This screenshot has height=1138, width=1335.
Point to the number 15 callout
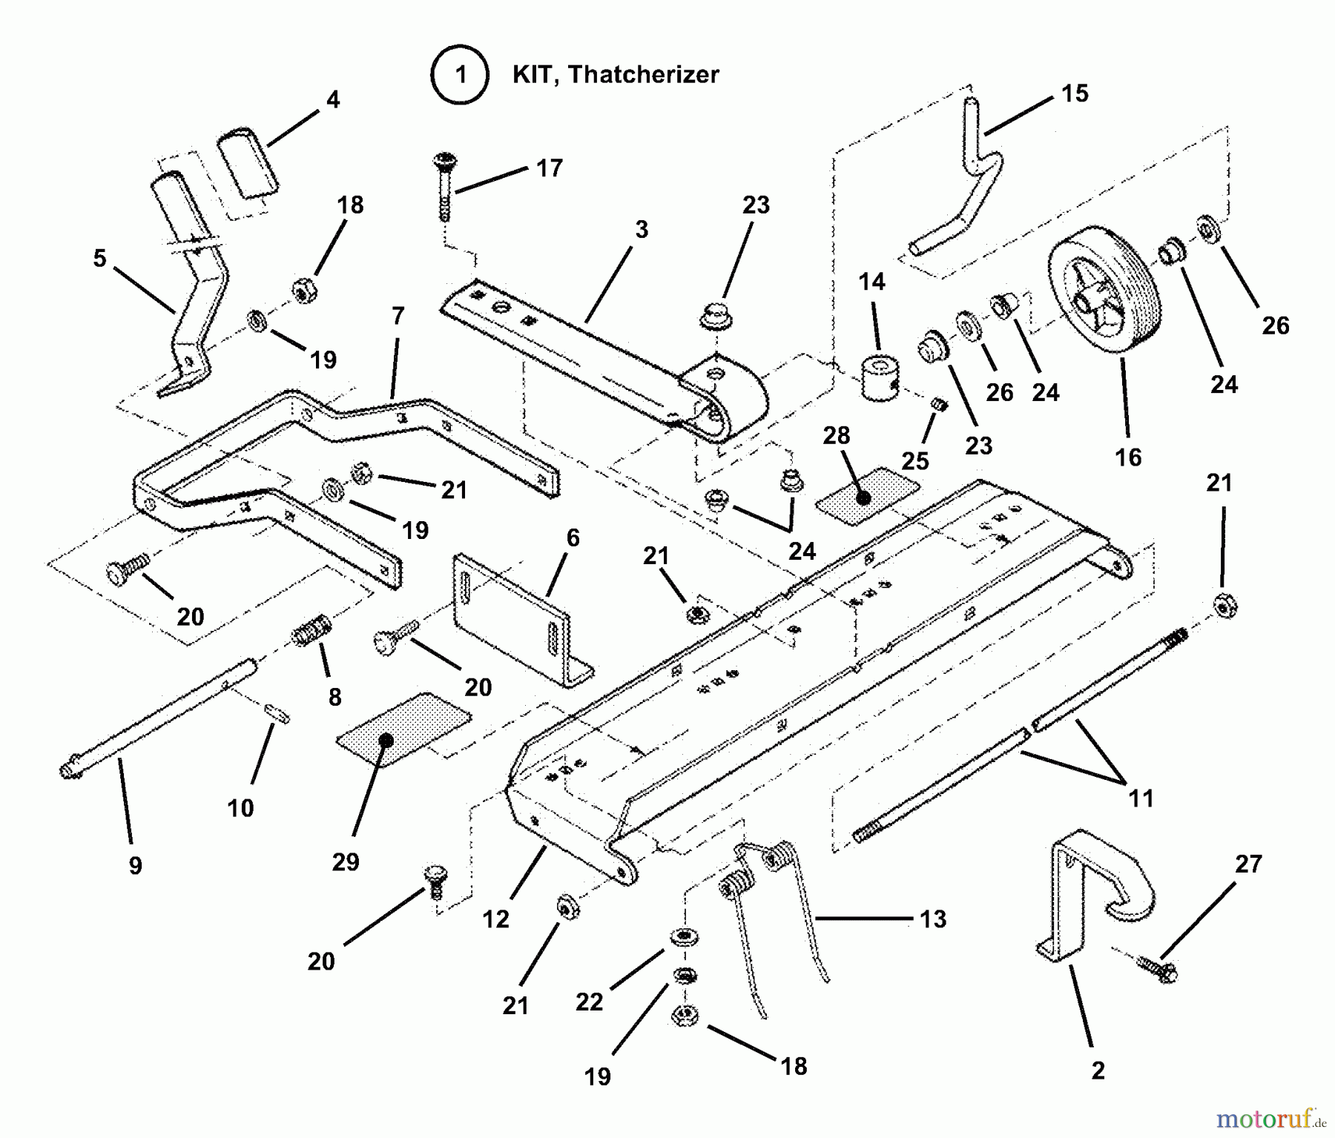point(1075,93)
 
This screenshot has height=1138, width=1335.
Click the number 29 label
point(346,861)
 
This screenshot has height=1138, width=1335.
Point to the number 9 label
point(135,865)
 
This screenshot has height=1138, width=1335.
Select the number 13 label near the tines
point(933,919)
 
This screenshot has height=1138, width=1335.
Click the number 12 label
point(496,919)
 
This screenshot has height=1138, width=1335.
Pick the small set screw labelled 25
point(937,405)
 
